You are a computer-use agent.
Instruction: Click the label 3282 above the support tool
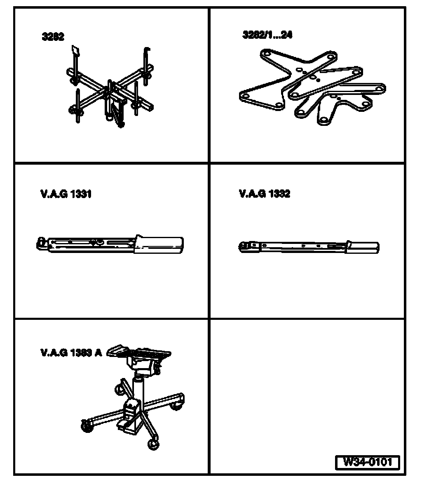click(53, 37)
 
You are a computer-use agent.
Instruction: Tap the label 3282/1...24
click(267, 35)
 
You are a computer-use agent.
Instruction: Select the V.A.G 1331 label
click(66, 194)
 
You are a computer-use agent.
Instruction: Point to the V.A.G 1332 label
click(264, 194)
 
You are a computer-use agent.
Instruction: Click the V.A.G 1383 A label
click(71, 352)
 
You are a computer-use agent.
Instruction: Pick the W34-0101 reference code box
click(368, 461)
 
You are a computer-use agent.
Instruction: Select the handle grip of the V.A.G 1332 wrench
click(363, 247)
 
